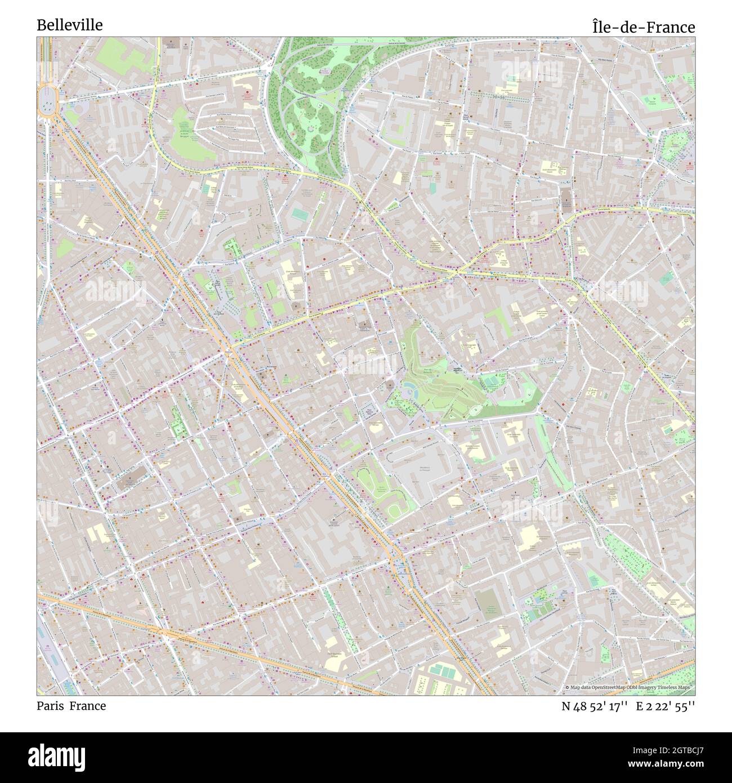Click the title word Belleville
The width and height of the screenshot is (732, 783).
(x=70, y=25)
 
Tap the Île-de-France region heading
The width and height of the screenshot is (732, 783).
(x=643, y=27)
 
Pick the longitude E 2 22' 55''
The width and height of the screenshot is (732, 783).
(x=669, y=706)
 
